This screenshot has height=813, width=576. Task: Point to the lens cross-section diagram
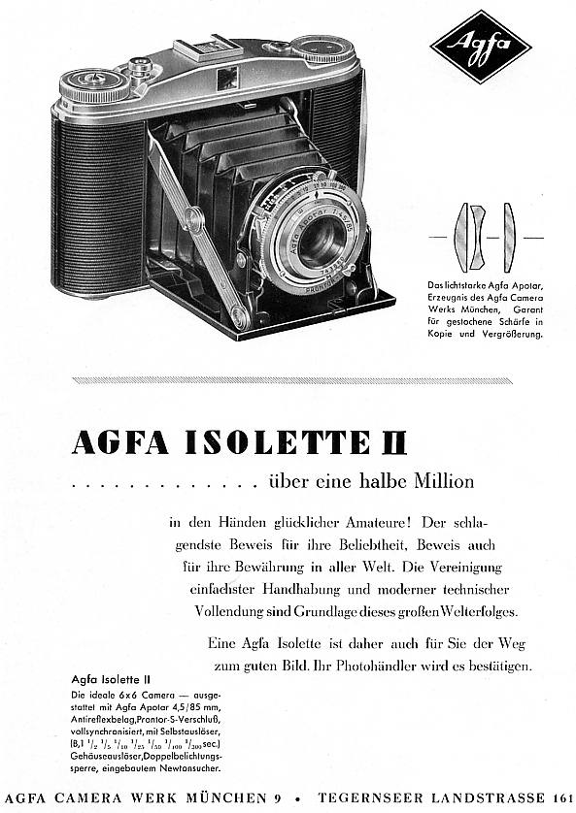(x=483, y=237)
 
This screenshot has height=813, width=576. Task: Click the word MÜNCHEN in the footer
(x=230, y=797)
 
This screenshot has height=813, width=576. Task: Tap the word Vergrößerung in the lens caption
(x=506, y=333)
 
